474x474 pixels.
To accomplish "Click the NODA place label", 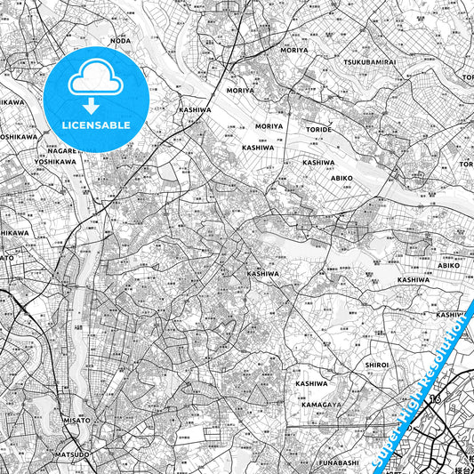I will click(119, 41).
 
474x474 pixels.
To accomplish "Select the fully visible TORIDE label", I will click(317, 129).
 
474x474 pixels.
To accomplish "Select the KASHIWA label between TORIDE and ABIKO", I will click(318, 163).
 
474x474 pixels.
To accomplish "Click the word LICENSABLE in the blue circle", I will click(95, 125).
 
